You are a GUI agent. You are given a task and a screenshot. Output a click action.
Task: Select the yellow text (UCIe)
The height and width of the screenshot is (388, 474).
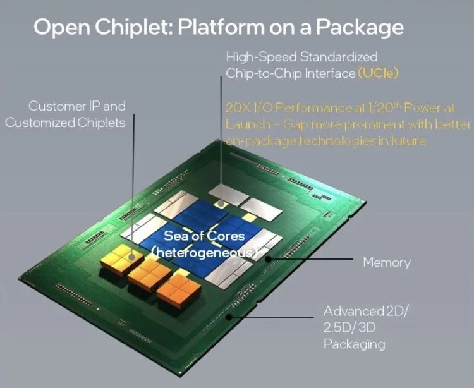(x=378, y=73)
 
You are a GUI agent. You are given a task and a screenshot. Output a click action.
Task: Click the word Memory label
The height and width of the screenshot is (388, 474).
(x=386, y=262)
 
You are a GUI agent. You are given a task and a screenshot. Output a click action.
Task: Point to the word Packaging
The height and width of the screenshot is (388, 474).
(x=354, y=344)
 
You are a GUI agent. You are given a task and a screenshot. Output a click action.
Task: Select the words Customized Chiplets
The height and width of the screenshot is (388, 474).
(x=65, y=123)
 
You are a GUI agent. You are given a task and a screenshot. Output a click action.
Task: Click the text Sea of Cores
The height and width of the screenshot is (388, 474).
(x=204, y=236)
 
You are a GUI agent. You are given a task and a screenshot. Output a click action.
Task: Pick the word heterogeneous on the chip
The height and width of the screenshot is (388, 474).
(x=204, y=252)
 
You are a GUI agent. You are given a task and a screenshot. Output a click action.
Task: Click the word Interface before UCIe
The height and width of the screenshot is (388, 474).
(x=329, y=73)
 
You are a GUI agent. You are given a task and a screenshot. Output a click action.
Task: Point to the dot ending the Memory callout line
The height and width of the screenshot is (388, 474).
(x=268, y=258)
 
